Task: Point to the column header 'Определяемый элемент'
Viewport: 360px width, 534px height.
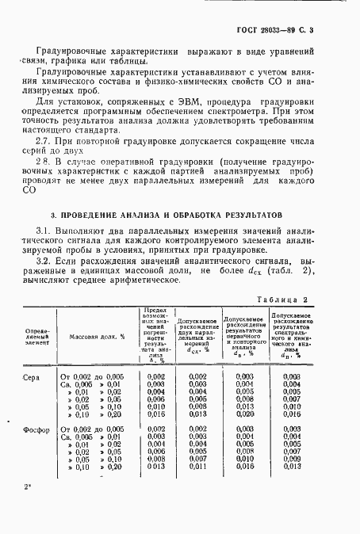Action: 37,336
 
